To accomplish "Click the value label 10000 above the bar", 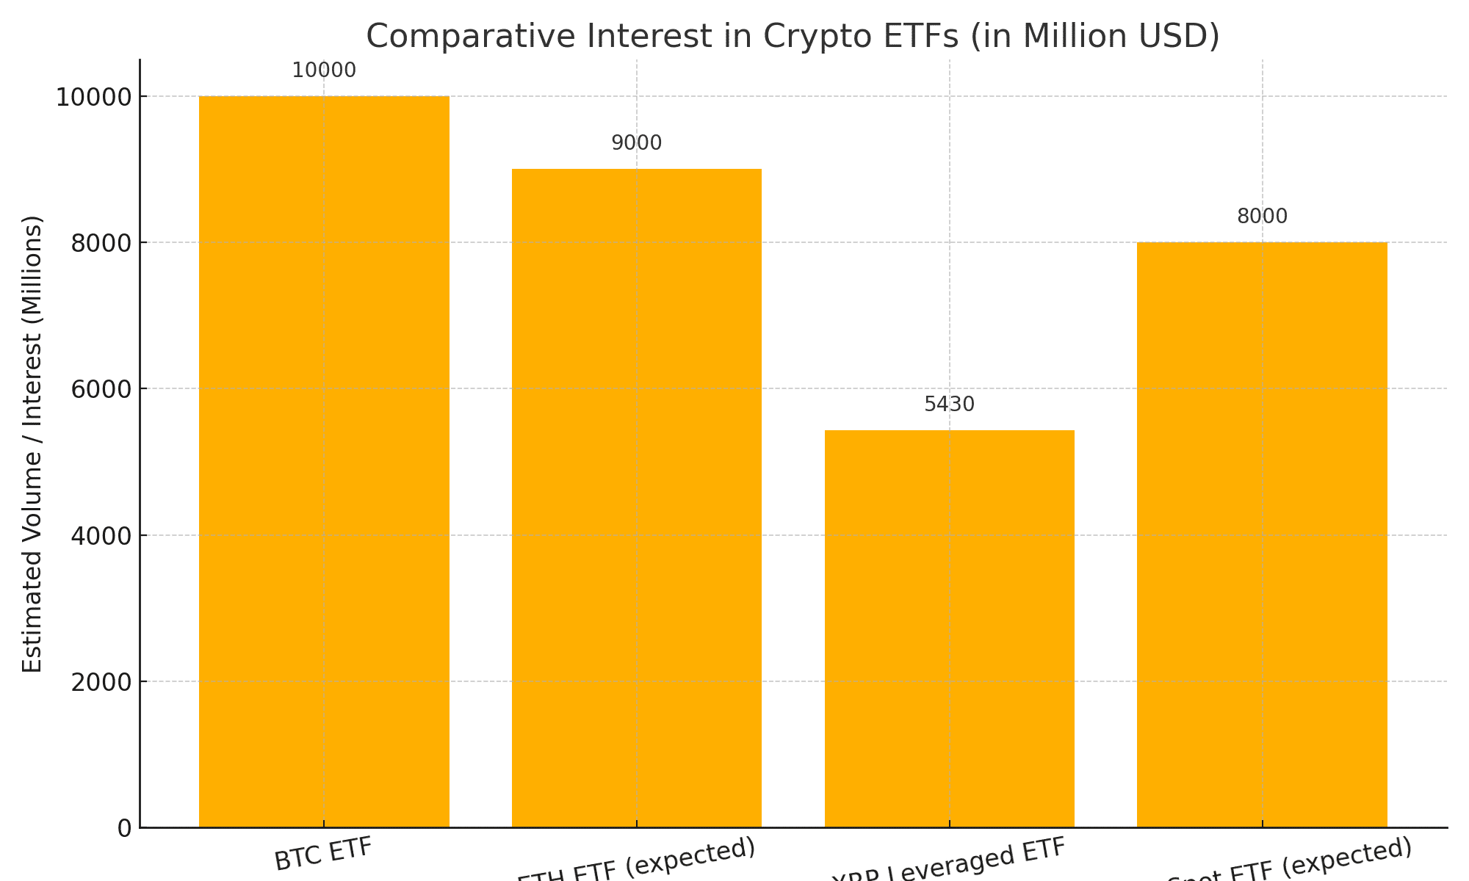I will (x=324, y=71).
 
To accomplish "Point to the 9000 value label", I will (x=637, y=144).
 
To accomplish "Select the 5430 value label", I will (x=949, y=405).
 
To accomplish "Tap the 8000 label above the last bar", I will (x=1262, y=217).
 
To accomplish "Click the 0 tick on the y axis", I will (x=124, y=828).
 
